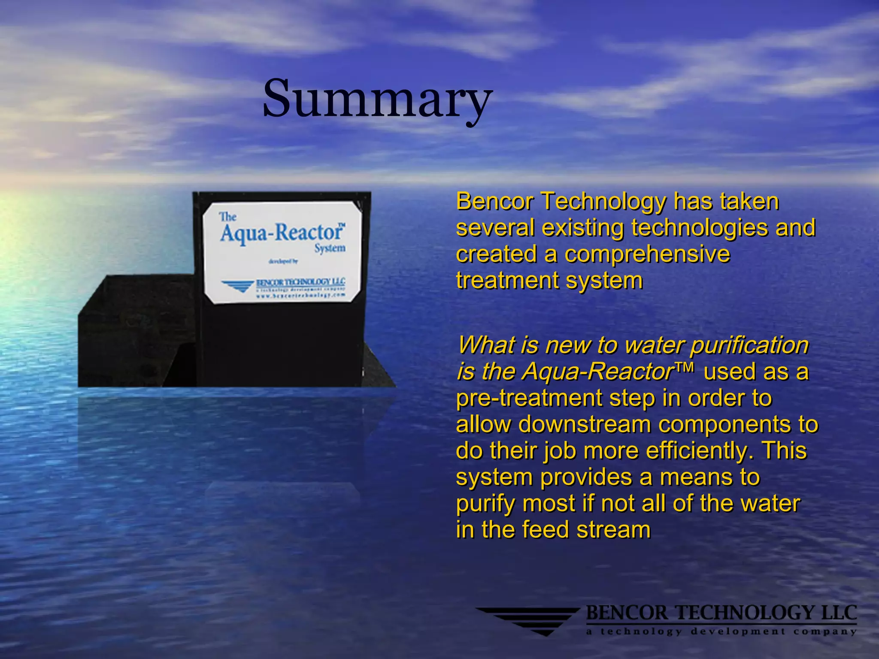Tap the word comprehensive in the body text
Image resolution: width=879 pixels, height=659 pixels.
pyautogui.click(x=647, y=254)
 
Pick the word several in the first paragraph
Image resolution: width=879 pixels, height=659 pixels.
pyautogui.click(x=495, y=228)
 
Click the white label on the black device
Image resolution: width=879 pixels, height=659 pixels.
pyautogui.click(x=282, y=252)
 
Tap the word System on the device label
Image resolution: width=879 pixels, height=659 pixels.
pyautogui.click(x=330, y=248)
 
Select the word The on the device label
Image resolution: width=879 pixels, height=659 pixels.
pyautogui.click(x=228, y=217)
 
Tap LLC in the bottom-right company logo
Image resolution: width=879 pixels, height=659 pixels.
pyautogui.click(x=839, y=613)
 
